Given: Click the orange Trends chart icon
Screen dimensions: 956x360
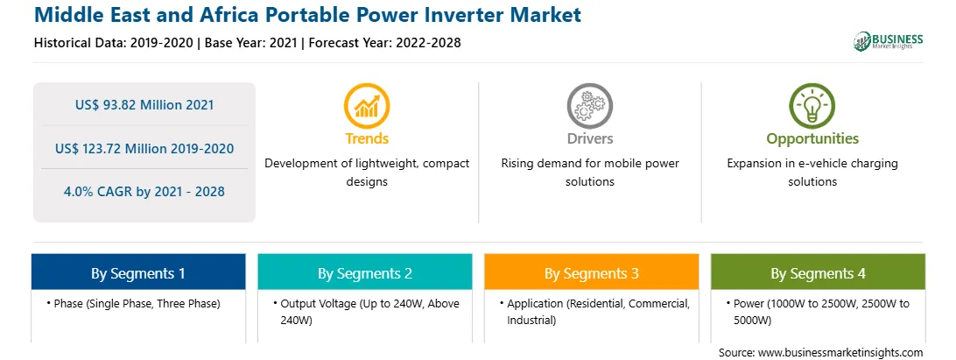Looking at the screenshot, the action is click(367, 106).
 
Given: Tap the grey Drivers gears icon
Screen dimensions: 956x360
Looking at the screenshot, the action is click(589, 106).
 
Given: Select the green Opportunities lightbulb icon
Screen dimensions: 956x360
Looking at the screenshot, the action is click(812, 106).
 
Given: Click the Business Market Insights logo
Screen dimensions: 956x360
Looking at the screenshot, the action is click(889, 41).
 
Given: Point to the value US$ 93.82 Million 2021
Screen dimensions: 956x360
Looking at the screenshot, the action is click(144, 105).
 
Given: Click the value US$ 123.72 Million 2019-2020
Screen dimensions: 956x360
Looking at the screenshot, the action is click(144, 148).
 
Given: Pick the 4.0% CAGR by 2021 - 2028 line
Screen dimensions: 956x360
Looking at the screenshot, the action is click(144, 192).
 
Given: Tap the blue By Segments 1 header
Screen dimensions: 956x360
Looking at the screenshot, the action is click(138, 272).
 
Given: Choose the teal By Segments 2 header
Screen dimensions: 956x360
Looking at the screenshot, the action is click(364, 272).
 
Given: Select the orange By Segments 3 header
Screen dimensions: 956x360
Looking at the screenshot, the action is click(592, 272).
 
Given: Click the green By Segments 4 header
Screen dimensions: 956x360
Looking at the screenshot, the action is click(819, 272).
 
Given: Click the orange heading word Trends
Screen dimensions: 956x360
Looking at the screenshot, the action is click(367, 138).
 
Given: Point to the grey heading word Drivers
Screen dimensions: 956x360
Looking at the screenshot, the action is click(589, 138).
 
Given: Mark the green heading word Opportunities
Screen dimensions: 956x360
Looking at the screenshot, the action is click(812, 139).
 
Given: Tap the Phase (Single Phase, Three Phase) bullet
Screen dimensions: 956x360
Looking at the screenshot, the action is click(133, 303).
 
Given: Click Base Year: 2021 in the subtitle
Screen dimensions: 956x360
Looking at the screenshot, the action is click(251, 43).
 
